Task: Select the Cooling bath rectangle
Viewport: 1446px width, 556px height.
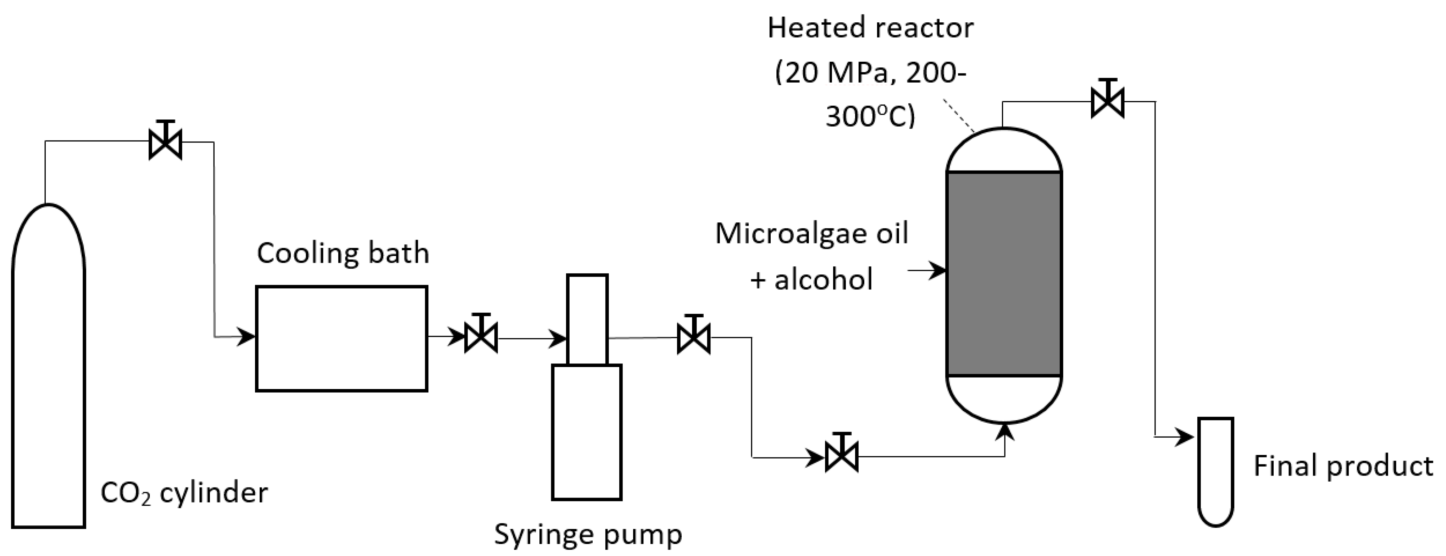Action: point(341,338)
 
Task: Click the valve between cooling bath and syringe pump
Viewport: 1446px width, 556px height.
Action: point(481,337)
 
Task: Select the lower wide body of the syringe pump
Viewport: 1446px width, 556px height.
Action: point(587,432)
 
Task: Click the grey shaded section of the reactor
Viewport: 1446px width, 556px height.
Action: point(1004,274)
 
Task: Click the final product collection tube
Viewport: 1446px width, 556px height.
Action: point(1216,471)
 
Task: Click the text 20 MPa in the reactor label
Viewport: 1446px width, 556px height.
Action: point(823,73)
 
